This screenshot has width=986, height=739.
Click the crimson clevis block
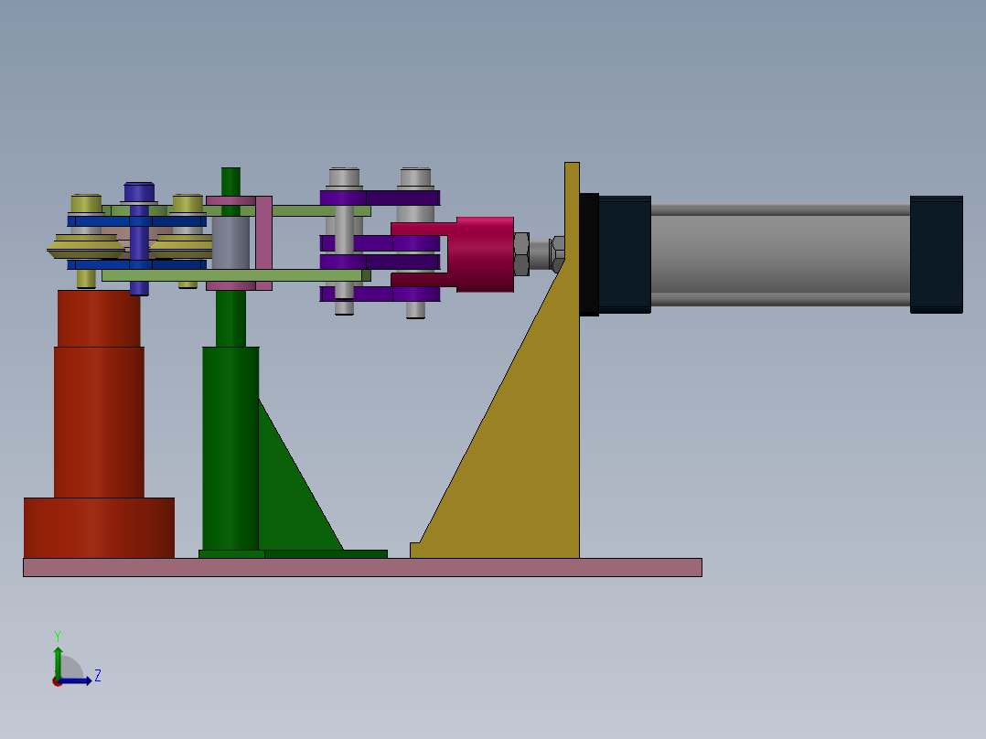484,254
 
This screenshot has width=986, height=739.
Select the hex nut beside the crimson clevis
521,254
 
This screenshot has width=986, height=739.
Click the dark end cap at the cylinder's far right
937,254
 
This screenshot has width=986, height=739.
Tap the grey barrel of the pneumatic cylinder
780,254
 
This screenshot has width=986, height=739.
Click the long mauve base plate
362,567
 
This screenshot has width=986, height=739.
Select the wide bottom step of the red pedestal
99,528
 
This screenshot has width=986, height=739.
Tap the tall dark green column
230,448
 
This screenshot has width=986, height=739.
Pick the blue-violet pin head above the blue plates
139,192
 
